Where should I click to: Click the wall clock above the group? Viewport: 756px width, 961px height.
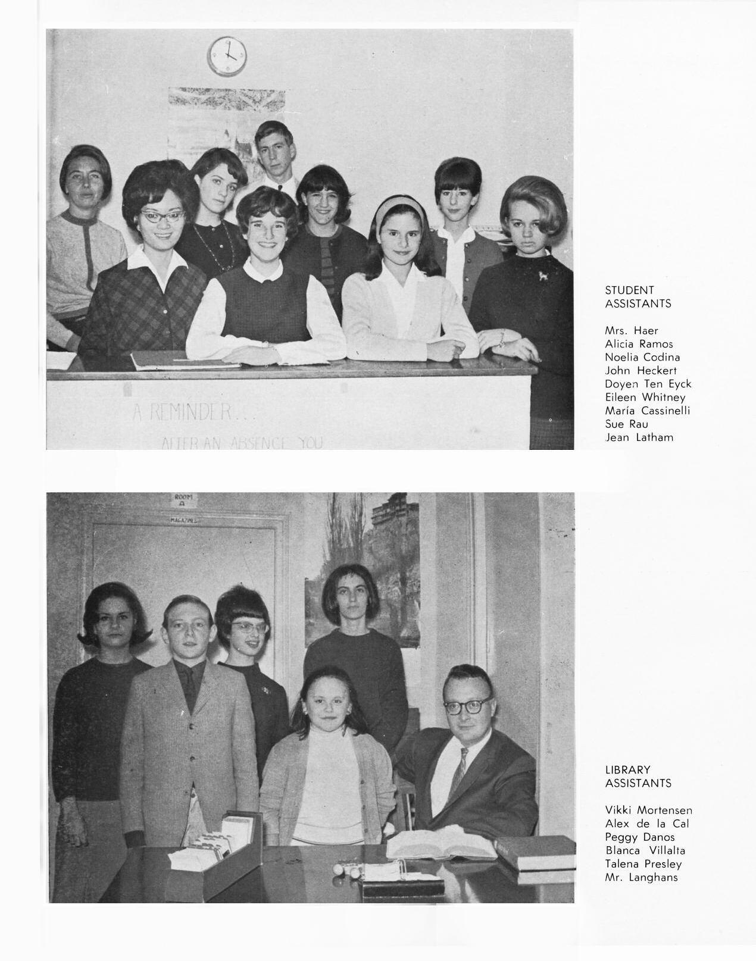coord(227,56)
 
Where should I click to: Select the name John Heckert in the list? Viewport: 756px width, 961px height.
coord(641,371)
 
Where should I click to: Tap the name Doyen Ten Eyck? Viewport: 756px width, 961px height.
coord(648,384)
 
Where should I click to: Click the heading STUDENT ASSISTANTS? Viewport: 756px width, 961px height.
coord(638,297)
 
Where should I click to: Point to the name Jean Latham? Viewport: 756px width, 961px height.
coord(639,437)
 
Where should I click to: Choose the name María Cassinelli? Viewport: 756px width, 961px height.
coord(647,411)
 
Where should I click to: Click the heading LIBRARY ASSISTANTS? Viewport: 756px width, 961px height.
coord(638,777)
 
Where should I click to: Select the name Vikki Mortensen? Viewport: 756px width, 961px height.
coord(648,810)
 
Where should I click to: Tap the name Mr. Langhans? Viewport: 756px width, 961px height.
coord(641,877)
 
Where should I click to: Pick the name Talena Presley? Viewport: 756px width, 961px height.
coord(643,864)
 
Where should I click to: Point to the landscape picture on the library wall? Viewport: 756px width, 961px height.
coord(363,571)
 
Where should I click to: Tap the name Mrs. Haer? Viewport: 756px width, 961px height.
coord(631,331)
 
